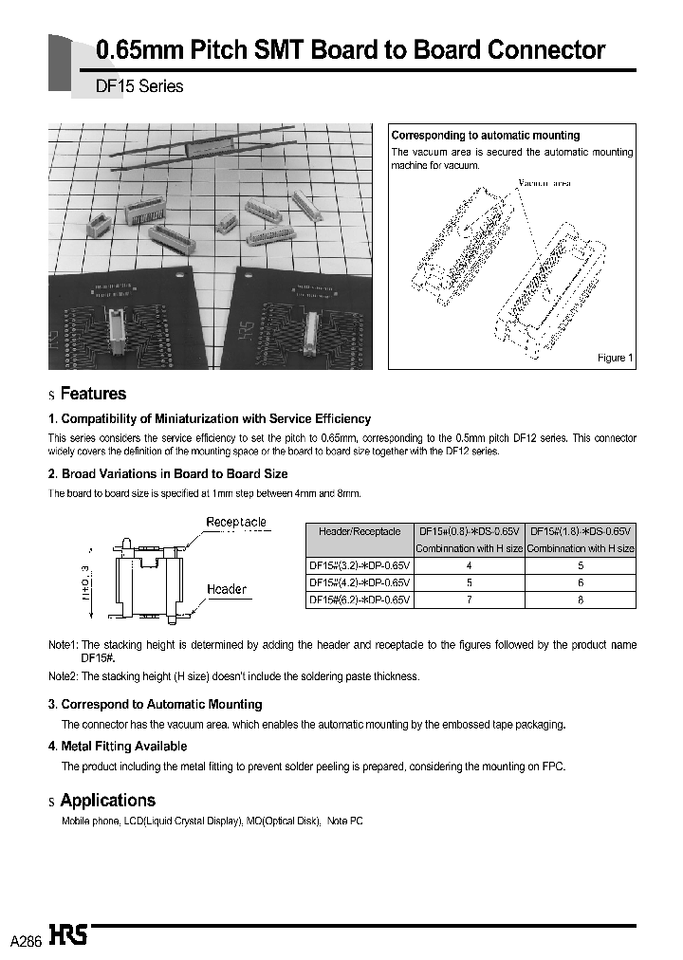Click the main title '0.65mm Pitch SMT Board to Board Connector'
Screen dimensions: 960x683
click(x=351, y=50)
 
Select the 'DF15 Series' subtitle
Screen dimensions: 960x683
click(x=139, y=86)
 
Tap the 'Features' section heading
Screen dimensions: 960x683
click(x=92, y=394)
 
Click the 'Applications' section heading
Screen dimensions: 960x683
click(x=107, y=801)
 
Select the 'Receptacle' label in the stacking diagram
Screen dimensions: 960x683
click(x=236, y=523)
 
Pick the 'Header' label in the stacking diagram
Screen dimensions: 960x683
click(x=227, y=589)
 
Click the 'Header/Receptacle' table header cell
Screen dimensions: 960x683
click(x=360, y=532)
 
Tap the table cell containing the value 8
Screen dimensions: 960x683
click(x=581, y=600)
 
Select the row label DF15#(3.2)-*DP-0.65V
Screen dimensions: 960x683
click(x=360, y=566)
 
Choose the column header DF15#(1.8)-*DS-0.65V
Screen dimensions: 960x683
click(x=581, y=532)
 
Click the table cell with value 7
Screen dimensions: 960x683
click(x=469, y=600)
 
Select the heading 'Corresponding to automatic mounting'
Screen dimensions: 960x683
click(x=485, y=136)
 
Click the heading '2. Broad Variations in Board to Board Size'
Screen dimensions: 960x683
click(x=168, y=473)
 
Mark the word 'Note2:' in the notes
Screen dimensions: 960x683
click(x=64, y=676)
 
